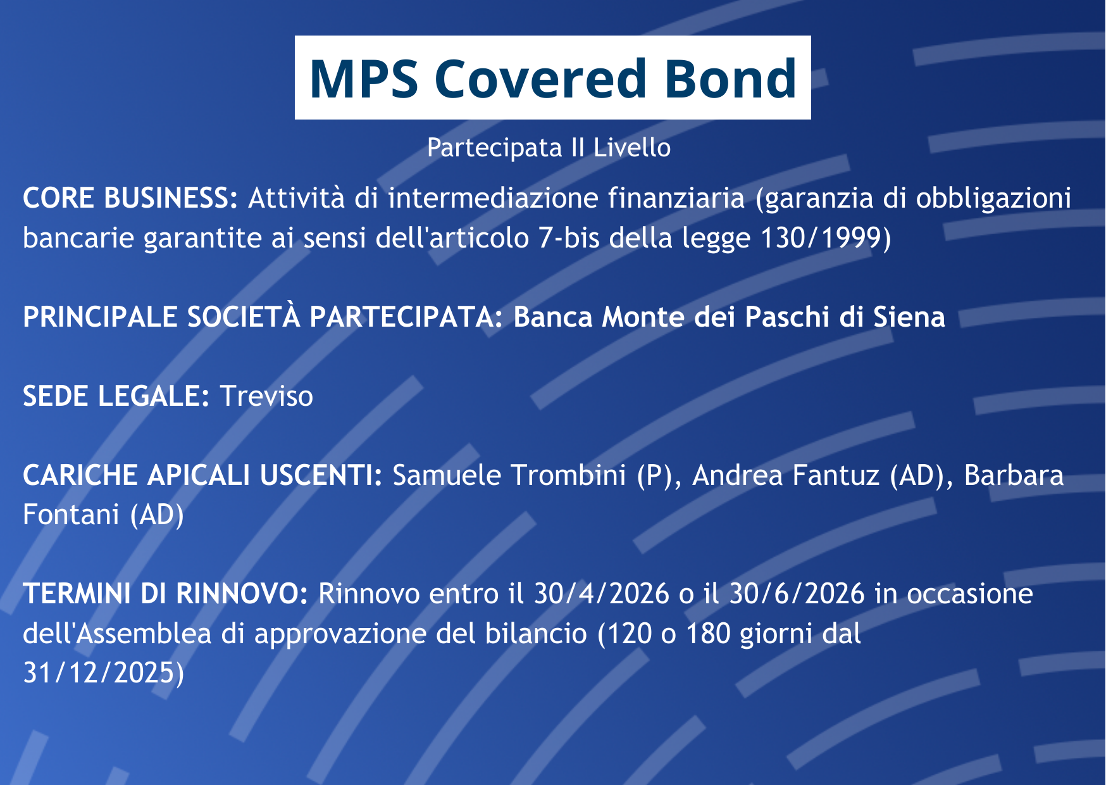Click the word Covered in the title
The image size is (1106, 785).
[x=540, y=78]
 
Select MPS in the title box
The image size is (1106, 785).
[x=363, y=78]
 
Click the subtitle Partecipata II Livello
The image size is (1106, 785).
[x=549, y=148]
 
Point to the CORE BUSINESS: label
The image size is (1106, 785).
[x=130, y=198]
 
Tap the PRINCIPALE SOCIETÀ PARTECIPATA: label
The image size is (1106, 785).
[x=263, y=317]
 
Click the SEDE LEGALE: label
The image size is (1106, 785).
[x=116, y=396]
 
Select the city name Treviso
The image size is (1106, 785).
[x=266, y=396]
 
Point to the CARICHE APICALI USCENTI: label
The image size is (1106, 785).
[x=202, y=475]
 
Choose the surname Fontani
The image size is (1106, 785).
[x=71, y=515]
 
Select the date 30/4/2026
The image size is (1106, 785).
[x=602, y=594]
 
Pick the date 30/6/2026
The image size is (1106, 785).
[x=797, y=594]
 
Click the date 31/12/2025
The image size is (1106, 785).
[x=101, y=673]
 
